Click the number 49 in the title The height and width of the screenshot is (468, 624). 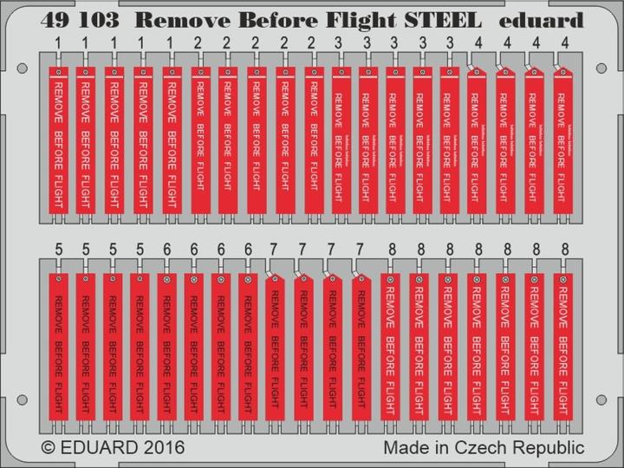click(54, 20)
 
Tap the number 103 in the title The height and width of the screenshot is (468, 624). click(99, 20)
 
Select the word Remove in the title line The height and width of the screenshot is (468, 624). click(181, 20)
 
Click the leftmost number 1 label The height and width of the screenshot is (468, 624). click(58, 42)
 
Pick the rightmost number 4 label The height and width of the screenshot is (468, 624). click(565, 42)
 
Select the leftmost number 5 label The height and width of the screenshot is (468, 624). click(58, 250)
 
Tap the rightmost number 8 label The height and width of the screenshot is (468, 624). click(565, 250)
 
